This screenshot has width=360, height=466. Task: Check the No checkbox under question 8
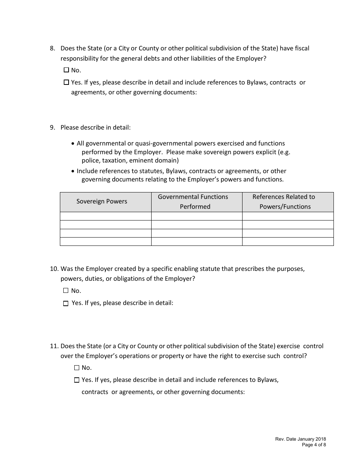(x=66, y=70)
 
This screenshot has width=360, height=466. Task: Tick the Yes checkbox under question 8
(x=66, y=82)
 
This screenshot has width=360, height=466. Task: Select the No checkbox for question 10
(x=66, y=291)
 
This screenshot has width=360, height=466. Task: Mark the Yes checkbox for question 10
(x=66, y=303)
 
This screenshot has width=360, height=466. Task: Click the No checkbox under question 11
(x=77, y=367)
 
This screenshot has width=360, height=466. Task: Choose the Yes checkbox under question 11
(x=77, y=380)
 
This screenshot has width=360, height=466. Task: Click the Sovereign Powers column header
(x=102, y=202)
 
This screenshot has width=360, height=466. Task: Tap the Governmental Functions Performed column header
(x=195, y=202)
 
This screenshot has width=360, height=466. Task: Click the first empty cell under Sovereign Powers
(x=106, y=216)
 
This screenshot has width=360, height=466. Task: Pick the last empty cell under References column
(x=288, y=241)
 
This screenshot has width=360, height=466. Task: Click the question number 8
(x=52, y=48)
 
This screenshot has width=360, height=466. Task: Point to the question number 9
(x=52, y=128)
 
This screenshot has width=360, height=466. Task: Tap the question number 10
(x=54, y=269)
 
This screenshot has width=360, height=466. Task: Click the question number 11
(x=54, y=346)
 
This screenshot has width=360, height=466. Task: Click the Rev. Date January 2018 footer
(x=300, y=439)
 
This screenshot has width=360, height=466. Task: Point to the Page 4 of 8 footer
(x=314, y=445)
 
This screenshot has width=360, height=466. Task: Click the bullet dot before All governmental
(x=73, y=144)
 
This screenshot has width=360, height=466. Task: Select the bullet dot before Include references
(x=73, y=172)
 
